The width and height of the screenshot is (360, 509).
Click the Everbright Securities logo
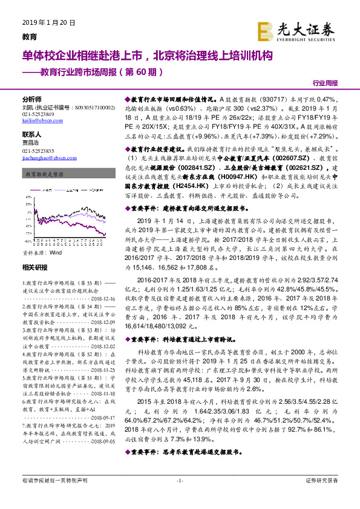click(x=299, y=29)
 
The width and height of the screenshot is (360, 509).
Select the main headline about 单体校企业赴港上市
click(x=148, y=56)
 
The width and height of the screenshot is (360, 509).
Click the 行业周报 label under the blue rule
click(x=326, y=83)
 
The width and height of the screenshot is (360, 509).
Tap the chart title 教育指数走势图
click(x=42, y=173)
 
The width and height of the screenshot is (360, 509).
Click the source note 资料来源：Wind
click(x=42, y=236)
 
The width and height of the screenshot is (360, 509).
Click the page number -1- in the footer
click(x=179, y=497)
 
